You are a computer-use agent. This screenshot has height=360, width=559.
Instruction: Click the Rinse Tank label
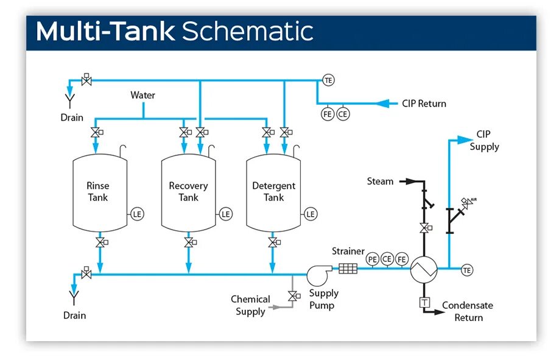point(97,191)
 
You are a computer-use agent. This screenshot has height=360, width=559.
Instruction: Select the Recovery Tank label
point(188,191)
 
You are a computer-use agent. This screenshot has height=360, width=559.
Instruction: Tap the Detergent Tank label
point(273,191)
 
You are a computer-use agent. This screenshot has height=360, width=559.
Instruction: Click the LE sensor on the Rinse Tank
point(138,214)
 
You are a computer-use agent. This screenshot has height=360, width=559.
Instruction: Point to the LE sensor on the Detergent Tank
point(311,214)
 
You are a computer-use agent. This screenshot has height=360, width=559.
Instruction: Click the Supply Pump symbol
point(317,274)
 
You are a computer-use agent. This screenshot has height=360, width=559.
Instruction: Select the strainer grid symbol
point(348,268)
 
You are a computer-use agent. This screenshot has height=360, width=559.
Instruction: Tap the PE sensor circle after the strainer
point(373,259)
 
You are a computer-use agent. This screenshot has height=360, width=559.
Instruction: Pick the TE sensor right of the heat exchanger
point(467,270)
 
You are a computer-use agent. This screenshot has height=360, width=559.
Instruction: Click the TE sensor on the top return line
point(329,80)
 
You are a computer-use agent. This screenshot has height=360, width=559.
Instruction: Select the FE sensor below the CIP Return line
point(328,113)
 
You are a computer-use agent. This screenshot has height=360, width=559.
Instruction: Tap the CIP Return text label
point(424,104)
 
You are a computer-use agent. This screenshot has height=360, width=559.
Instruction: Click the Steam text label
point(380,181)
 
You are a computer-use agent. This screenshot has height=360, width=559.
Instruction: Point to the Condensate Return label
point(468,311)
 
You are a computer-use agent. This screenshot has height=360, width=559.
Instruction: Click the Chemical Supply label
point(250,305)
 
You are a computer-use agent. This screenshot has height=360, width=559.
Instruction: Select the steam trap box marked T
point(424,303)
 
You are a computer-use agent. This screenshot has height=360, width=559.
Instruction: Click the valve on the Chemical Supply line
point(293,296)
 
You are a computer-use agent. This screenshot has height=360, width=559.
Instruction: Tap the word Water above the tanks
point(142,95)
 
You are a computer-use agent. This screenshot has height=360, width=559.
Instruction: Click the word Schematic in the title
point(247,31)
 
